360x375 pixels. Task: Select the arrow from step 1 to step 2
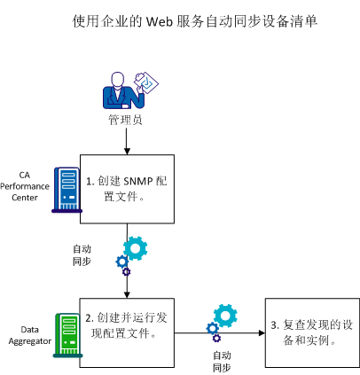tap(126, 284)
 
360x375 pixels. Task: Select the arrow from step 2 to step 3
tap(239, 334)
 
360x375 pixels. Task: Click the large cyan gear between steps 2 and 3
tap(226, 314)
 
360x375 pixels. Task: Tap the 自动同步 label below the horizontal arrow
tap(222, 359)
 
